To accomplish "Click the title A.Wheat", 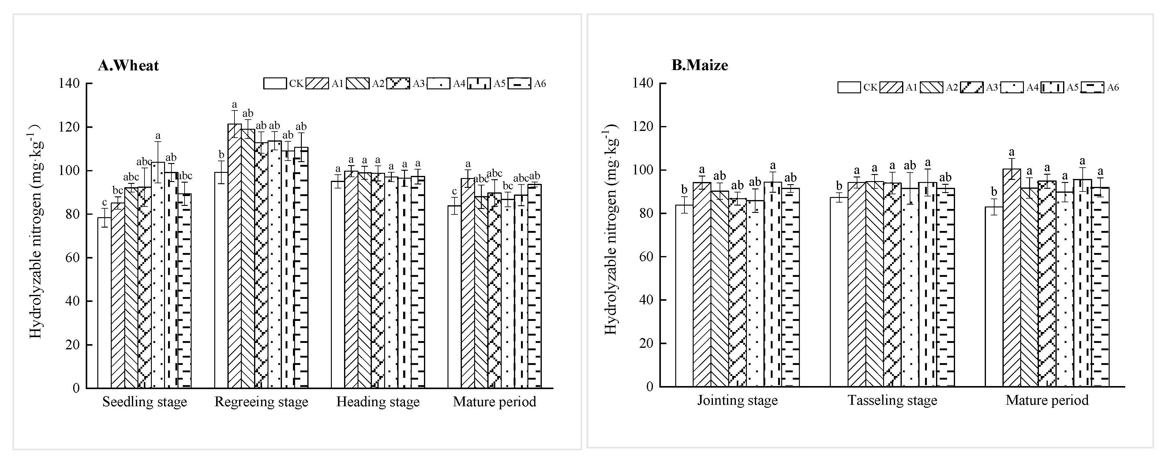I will (129, 66).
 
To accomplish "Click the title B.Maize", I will (700, 65).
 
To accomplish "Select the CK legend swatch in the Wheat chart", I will (275, 84).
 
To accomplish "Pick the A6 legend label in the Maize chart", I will (1113, 87).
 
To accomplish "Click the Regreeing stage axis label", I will (261, 402).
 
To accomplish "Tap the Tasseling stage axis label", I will (892, 401).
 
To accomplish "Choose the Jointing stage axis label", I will (737, 401).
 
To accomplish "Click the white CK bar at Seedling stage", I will (104, 304).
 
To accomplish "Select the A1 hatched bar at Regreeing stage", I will (234, 258).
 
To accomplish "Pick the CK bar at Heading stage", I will (338, 286).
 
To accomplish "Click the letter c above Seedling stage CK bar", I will (104, 202).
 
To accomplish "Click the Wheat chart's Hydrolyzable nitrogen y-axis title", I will (36, 231).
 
